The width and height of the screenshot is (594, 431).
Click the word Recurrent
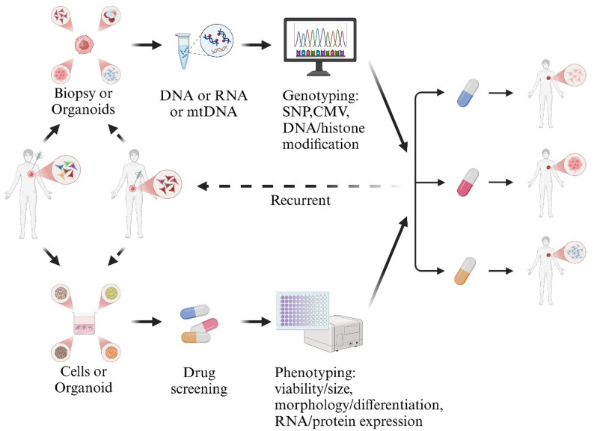coord(301,200)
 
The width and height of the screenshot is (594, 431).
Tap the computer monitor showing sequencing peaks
coord(320,46)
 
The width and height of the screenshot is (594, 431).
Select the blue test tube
coord(184,51)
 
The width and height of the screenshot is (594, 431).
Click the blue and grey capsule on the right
coord(468,94)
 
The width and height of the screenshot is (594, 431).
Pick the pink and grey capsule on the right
coord(468,183)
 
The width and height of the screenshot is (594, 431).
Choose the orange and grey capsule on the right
coord(465,271)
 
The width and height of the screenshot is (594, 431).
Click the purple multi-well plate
coord(303,311)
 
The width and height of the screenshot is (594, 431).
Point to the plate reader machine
coord(334,334)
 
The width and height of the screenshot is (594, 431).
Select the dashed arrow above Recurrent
coord(299,186)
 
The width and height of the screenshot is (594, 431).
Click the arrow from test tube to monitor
coord(256,45)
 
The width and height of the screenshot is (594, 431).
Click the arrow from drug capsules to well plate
coord(256,322)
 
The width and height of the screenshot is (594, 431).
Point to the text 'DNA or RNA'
coord(203,96)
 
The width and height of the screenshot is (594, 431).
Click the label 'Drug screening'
coord(199,381)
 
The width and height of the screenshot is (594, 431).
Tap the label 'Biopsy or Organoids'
coord(83,101)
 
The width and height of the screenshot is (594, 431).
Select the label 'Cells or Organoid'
coord(83,379)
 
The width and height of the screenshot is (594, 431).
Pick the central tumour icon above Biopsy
coord(84,45)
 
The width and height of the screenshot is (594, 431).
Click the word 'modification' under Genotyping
coord(320,144)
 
